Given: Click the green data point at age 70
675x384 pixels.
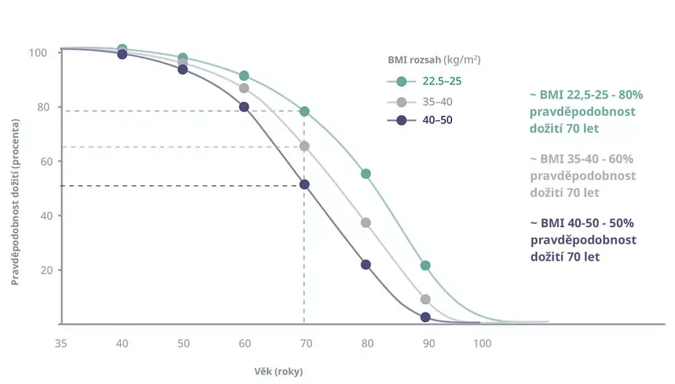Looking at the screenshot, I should [x=304, y=111].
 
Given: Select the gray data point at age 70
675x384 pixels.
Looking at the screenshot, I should [x=304, y=146].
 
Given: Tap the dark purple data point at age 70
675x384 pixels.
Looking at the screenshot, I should [x=304, y=185].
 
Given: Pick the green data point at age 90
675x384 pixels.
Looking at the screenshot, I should [x=426, y=265].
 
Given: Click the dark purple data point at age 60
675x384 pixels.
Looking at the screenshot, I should [x=243, y=107].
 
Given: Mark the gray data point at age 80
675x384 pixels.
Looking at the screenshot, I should [x=366, y=223].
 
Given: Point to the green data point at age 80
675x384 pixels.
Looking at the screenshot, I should [x=366, y=173].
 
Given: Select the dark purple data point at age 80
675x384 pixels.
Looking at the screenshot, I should [x=366, y=264].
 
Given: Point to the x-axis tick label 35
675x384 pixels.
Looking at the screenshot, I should [x=60, y=343].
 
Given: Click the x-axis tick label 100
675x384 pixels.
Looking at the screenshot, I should [x=482, y=343].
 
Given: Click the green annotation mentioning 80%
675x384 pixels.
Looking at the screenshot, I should [x=585, y=111].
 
